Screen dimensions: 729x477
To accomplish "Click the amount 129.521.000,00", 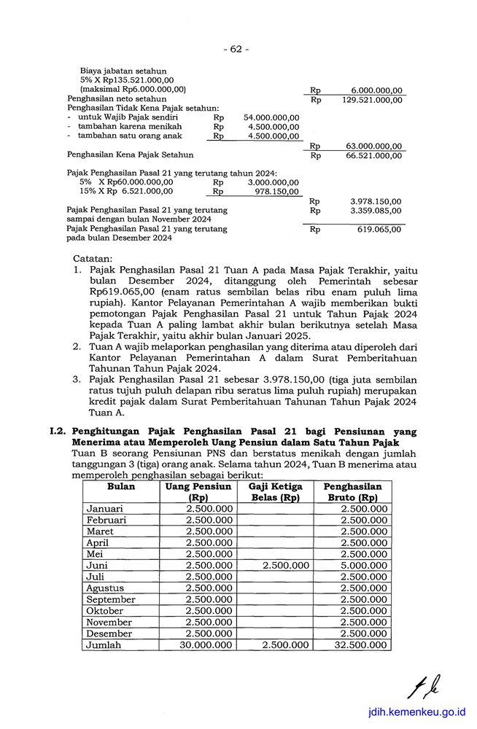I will click(x=372, y=100).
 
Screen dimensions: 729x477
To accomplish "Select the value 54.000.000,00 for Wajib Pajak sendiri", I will click(x=272, y=117).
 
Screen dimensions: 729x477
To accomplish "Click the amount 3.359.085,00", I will click(x=376, y=211).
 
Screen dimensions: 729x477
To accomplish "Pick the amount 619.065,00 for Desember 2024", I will click(x=379, y=229).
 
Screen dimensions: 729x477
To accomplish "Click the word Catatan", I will click(x=93, y=259).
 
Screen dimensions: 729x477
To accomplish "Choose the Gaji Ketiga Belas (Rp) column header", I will click(x=275, y=491).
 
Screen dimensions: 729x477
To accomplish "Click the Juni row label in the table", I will click(x=97, y=565).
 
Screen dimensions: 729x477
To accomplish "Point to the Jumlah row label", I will click(x=104, y=645).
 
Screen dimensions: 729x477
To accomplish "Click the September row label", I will click(x=111, y=599).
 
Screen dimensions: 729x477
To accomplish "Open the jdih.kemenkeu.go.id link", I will click(x=418, y=712).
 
